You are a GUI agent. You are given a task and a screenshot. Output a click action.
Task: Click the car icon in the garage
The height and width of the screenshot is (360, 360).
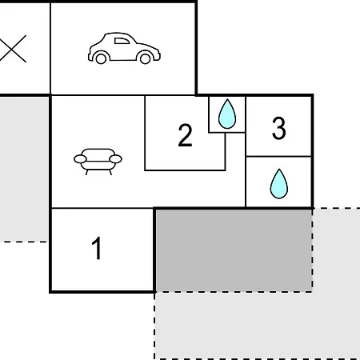(x=124, y=48)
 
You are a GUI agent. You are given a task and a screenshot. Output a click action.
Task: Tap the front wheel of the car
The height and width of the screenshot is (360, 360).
(x=146, y=58)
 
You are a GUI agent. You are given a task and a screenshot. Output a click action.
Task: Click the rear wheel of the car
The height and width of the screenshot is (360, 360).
(x=101, y=58)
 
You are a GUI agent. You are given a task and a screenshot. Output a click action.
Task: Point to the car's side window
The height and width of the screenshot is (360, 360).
(x=122, y=41)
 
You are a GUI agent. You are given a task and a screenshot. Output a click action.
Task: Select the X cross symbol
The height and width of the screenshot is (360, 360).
(x=13, y=49)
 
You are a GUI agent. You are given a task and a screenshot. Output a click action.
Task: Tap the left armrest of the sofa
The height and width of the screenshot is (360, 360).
(x=80, y=159)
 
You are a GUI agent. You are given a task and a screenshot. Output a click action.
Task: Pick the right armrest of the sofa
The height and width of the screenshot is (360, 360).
(x=116, y=159)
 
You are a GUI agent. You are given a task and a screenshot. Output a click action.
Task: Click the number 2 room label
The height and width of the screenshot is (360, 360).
(x=185, y=135)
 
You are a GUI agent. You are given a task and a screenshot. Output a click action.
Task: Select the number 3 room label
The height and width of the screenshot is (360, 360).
(x=279, y=128)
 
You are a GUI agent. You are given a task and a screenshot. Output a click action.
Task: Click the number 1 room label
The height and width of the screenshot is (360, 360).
(x=97, y=248)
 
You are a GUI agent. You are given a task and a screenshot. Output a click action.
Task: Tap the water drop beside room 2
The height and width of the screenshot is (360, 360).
(x=227, y=114)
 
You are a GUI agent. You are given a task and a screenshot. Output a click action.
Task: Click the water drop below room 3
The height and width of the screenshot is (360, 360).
(x=279, y=184)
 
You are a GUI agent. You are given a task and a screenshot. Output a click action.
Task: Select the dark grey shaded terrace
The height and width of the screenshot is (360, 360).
(x=234, y=250)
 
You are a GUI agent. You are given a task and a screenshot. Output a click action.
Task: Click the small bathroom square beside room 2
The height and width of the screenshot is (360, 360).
(x=227, y=114)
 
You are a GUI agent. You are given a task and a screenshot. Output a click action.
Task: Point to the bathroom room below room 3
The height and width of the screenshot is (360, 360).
(x=278, y=182)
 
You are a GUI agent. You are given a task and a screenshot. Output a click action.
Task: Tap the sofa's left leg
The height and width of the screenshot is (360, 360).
(x=86, y=172)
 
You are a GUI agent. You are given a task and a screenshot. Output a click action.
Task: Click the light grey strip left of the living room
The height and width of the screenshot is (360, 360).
(x=24, y=170)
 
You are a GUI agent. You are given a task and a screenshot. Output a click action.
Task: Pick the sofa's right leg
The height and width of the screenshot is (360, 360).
(x=110, y=172)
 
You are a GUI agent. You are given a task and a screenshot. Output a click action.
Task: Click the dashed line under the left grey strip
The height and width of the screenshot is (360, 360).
(x=23, y=242)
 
